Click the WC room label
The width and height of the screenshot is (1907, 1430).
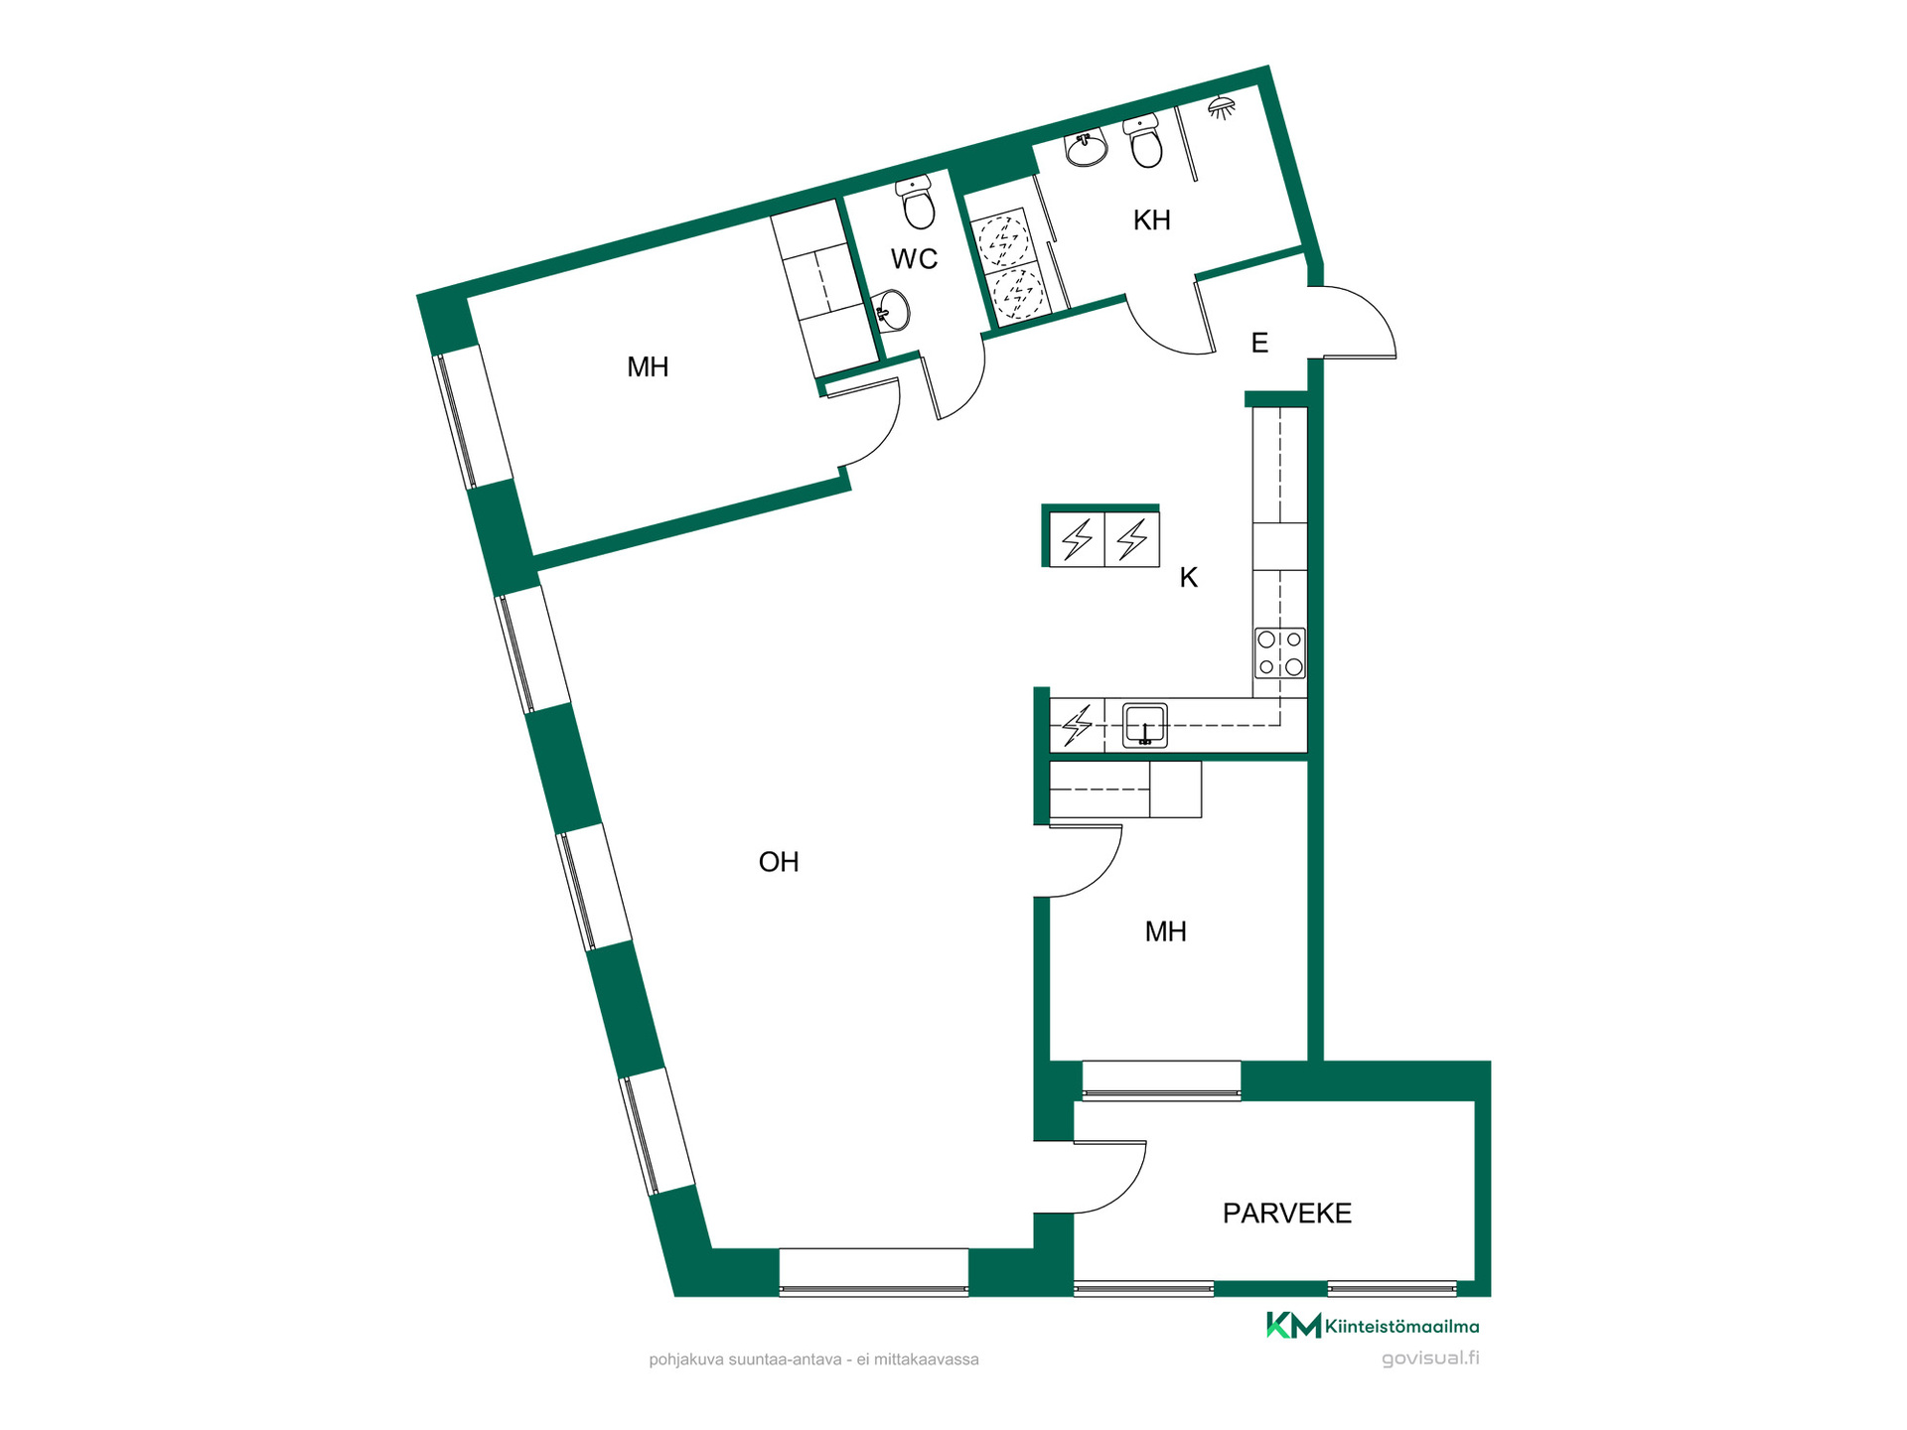pyautogui.click(x=914, y=259)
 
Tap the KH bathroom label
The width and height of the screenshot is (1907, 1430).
pyautogui.click(x=1152, y=220)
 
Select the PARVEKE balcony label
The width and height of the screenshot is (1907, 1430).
pyautogui.click(x=1287, y=1214)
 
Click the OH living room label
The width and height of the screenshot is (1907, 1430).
pyautogui.click(x=779, y=862)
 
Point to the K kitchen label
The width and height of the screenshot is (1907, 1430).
pyautogui.click(x=1189, y=578)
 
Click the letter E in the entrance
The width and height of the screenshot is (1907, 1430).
pyautogui.click(x=1259, y=344)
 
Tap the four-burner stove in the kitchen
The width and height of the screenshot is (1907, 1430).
pyautogui.click(x=1280, y=653)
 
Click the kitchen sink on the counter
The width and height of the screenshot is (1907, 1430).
pyautogui.click(x=1145, y=725)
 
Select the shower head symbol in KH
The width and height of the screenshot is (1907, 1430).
pyautogui.click(x=1222, y=107)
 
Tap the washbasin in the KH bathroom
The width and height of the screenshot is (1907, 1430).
pyautogui.click(x=1086, y=149)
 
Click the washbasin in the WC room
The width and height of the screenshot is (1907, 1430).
pyautogui.click(x=892, y=310)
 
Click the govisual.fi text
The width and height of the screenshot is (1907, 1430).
pyautogui.click(x=1430, y=1358)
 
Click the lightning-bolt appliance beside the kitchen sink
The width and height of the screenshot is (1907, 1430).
pyautogui.click(x=1078, y=725)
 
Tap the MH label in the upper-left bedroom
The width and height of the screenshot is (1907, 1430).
pyautogui.click(x=648, y=367)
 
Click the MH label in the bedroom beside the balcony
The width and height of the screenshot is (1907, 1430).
pyautogui.click(x=1165, y=931)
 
